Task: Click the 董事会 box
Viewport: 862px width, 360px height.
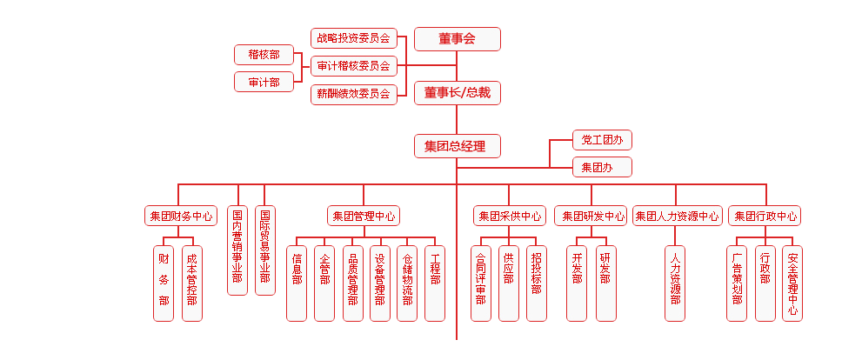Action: (x=457, y=38)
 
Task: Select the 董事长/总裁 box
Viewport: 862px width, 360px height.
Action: (x=457, y=92)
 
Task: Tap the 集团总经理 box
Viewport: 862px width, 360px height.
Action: (x=457, y=146)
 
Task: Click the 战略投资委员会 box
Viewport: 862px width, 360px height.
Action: (x=353, y=38)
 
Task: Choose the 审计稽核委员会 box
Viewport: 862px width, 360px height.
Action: (x=353, y=65)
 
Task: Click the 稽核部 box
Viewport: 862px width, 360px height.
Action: (x=264, y=55)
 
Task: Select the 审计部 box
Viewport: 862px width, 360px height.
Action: (x=264, y=83)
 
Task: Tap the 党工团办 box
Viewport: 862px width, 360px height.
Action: (x=601, y=140)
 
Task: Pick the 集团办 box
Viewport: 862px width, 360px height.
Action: (x=601, y=167)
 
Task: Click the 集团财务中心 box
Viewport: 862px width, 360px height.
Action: (x=181, y=216)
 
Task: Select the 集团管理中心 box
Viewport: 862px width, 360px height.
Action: (x=364, y=216)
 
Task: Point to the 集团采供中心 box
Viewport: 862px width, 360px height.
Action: (x=510, y=216)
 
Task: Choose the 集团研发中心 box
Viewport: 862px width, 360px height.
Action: (x=591, y=216)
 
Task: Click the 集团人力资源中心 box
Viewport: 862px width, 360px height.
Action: (x=678, y=216)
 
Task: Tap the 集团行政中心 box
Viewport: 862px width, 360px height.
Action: (x=765, y=216)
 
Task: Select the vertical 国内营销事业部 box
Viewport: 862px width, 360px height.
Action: (x=237, y=250)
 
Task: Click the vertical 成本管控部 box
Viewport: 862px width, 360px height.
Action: (x=191, y=283)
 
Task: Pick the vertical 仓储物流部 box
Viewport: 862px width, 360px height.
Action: (x=407, y=283)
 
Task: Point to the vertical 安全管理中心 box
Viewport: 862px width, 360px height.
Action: (x=792, y=283)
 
